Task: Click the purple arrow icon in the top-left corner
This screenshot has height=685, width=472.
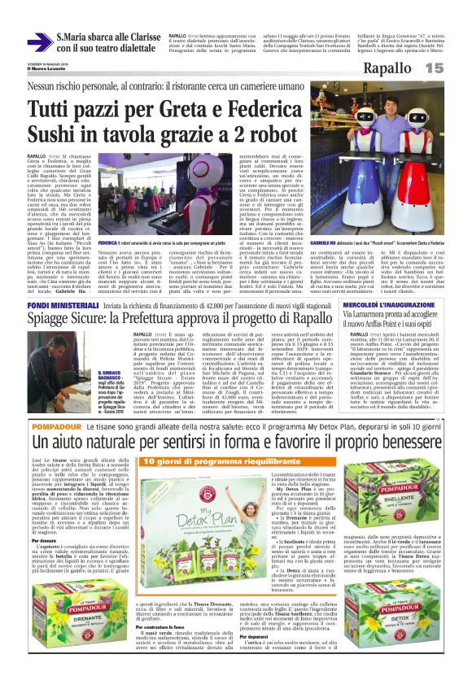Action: click(38, 41)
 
